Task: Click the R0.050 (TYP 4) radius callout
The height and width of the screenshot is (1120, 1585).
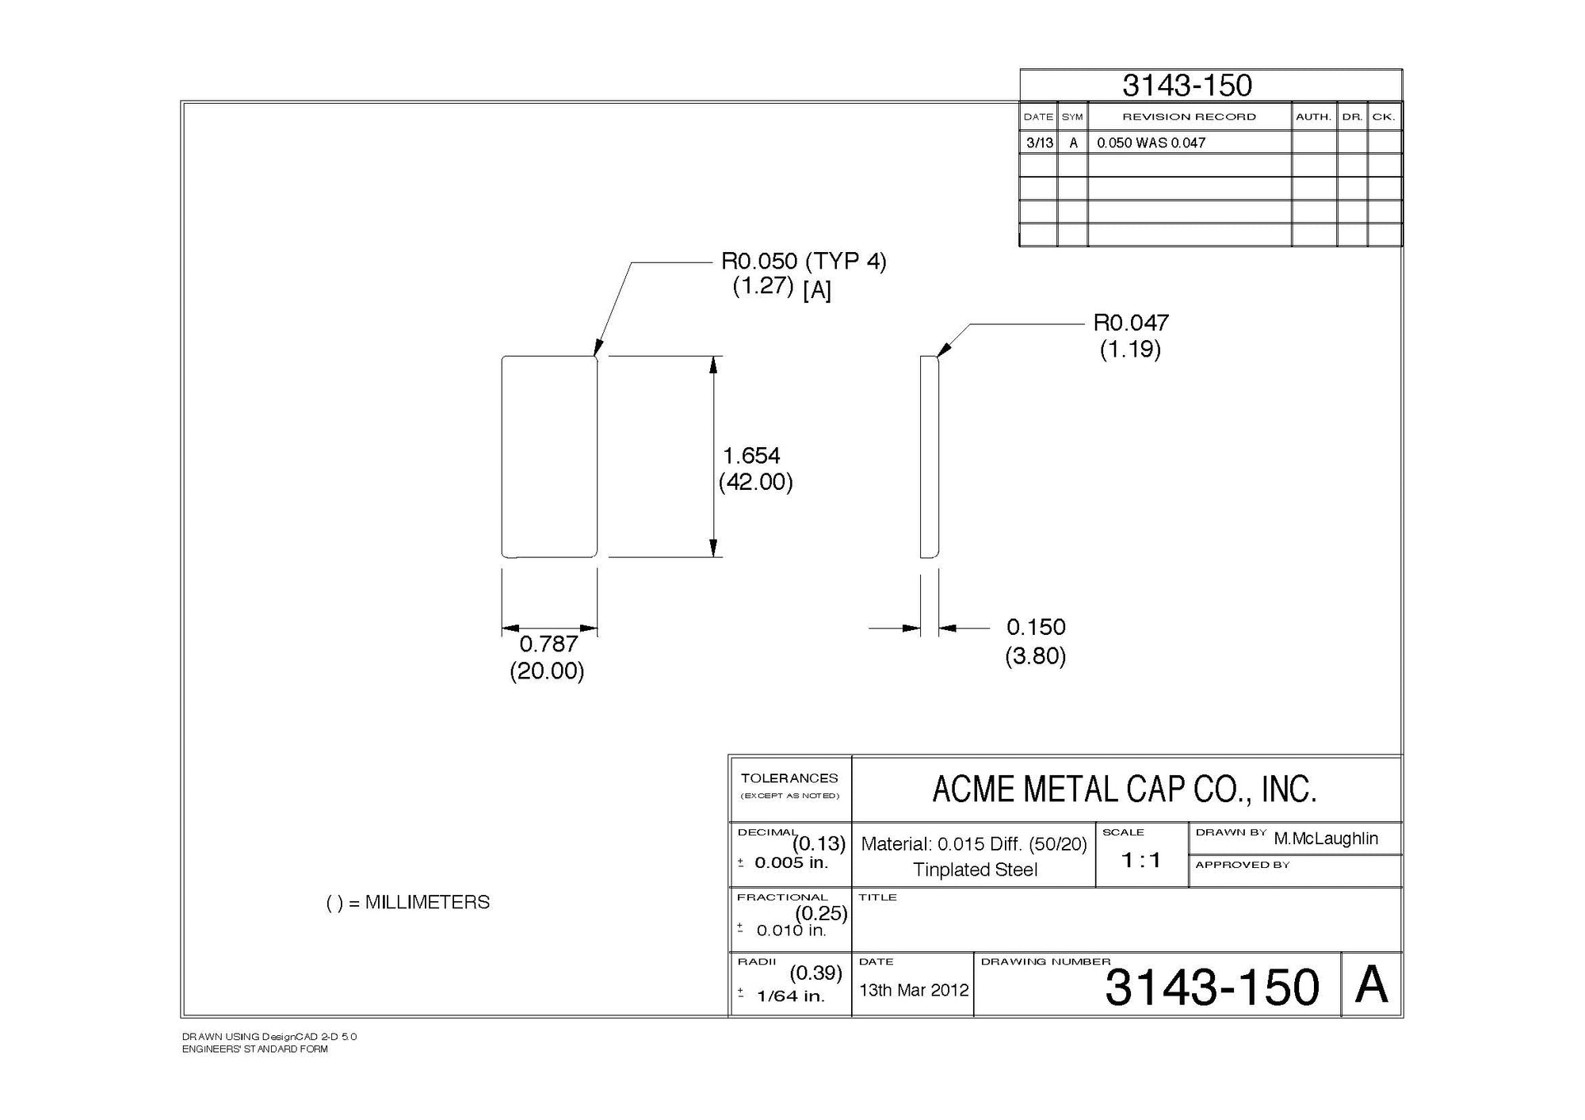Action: click(803, 261)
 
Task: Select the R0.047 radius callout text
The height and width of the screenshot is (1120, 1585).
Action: click(1131, 323)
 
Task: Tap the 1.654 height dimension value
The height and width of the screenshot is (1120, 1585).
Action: click(751, 456)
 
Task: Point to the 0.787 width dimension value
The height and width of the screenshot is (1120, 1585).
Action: click(548, 644)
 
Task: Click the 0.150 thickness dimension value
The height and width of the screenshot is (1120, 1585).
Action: click(1036, 627)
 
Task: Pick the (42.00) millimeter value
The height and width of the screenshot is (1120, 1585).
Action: click(755, 482)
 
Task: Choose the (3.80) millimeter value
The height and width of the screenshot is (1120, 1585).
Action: click(1035, 656)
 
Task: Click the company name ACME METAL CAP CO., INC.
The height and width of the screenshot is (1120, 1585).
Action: click(1124, 789)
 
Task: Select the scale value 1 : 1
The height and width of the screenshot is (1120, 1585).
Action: click(1140, 860)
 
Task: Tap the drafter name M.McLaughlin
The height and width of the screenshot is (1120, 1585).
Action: click(1326, 839)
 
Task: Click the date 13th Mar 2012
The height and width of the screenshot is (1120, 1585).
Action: click(914, 990)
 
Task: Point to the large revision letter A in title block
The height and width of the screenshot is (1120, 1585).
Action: click(1371, 986)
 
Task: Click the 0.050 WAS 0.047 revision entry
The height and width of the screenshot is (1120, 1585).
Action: click(1151, 143)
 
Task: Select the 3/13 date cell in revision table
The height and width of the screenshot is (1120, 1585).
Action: click(1039, 143)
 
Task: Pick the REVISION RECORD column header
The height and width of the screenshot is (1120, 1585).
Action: click(1189, 117)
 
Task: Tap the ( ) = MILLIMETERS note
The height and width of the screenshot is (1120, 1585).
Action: click(408, 902)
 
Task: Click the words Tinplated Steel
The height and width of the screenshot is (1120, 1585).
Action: click(975, 870)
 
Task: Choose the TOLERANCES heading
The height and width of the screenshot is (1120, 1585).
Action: click(789, 778)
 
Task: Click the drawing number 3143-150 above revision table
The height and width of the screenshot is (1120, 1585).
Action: click(1186, 86)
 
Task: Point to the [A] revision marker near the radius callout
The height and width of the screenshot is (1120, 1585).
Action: click(816, 291)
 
